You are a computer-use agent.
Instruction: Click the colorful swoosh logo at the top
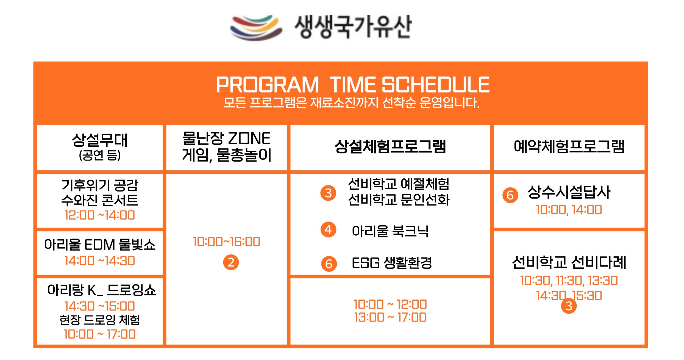pos(256,27)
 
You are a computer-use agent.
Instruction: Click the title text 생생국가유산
pos(353,27)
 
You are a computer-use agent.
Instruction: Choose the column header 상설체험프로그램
pos(390,146)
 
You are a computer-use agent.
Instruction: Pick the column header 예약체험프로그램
pos(569,146)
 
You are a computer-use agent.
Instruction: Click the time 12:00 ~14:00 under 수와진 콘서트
pos(100,215)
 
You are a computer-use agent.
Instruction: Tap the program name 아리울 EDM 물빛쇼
pos(100,244)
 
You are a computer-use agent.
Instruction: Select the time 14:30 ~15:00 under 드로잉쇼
pos(100,306)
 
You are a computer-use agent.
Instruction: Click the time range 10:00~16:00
pos(226,242)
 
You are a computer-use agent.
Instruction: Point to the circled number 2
pos(231,262)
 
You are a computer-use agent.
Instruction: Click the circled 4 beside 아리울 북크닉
pos(328,229)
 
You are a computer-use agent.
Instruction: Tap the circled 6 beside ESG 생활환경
pos(329,264)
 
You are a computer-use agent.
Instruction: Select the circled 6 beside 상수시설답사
pos(510,195)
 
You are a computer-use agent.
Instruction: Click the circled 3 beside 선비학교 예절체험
pos(328,193)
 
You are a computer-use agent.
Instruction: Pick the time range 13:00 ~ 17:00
pos(390,317)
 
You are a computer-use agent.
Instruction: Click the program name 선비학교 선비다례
pos(569,262)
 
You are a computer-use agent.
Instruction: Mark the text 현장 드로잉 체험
pos(100,320)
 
